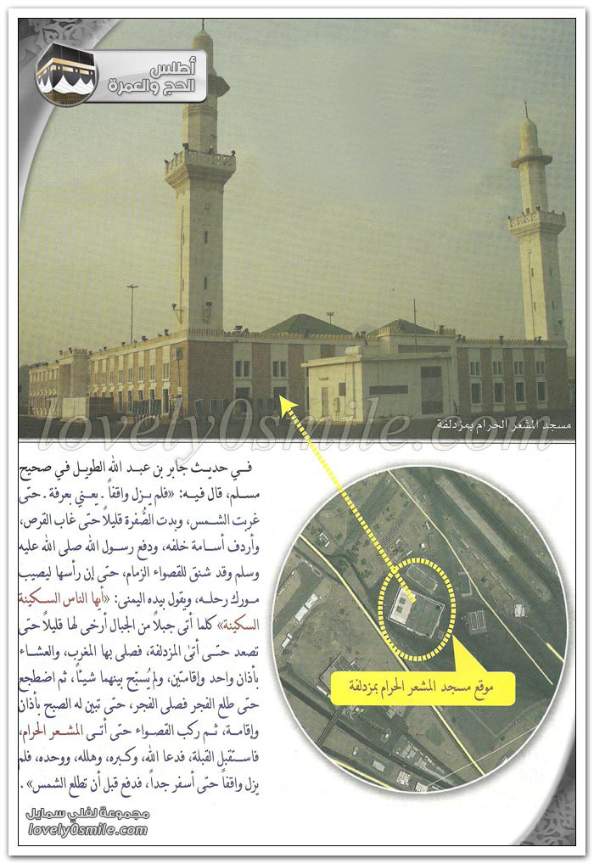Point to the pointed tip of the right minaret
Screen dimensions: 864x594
(526, 108)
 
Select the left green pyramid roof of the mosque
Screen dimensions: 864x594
(307, 324)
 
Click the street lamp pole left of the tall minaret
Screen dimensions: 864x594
(132, 314)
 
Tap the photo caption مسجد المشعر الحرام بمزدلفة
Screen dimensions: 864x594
(505, 424)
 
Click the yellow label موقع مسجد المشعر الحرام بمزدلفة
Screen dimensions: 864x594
(422, 685)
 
